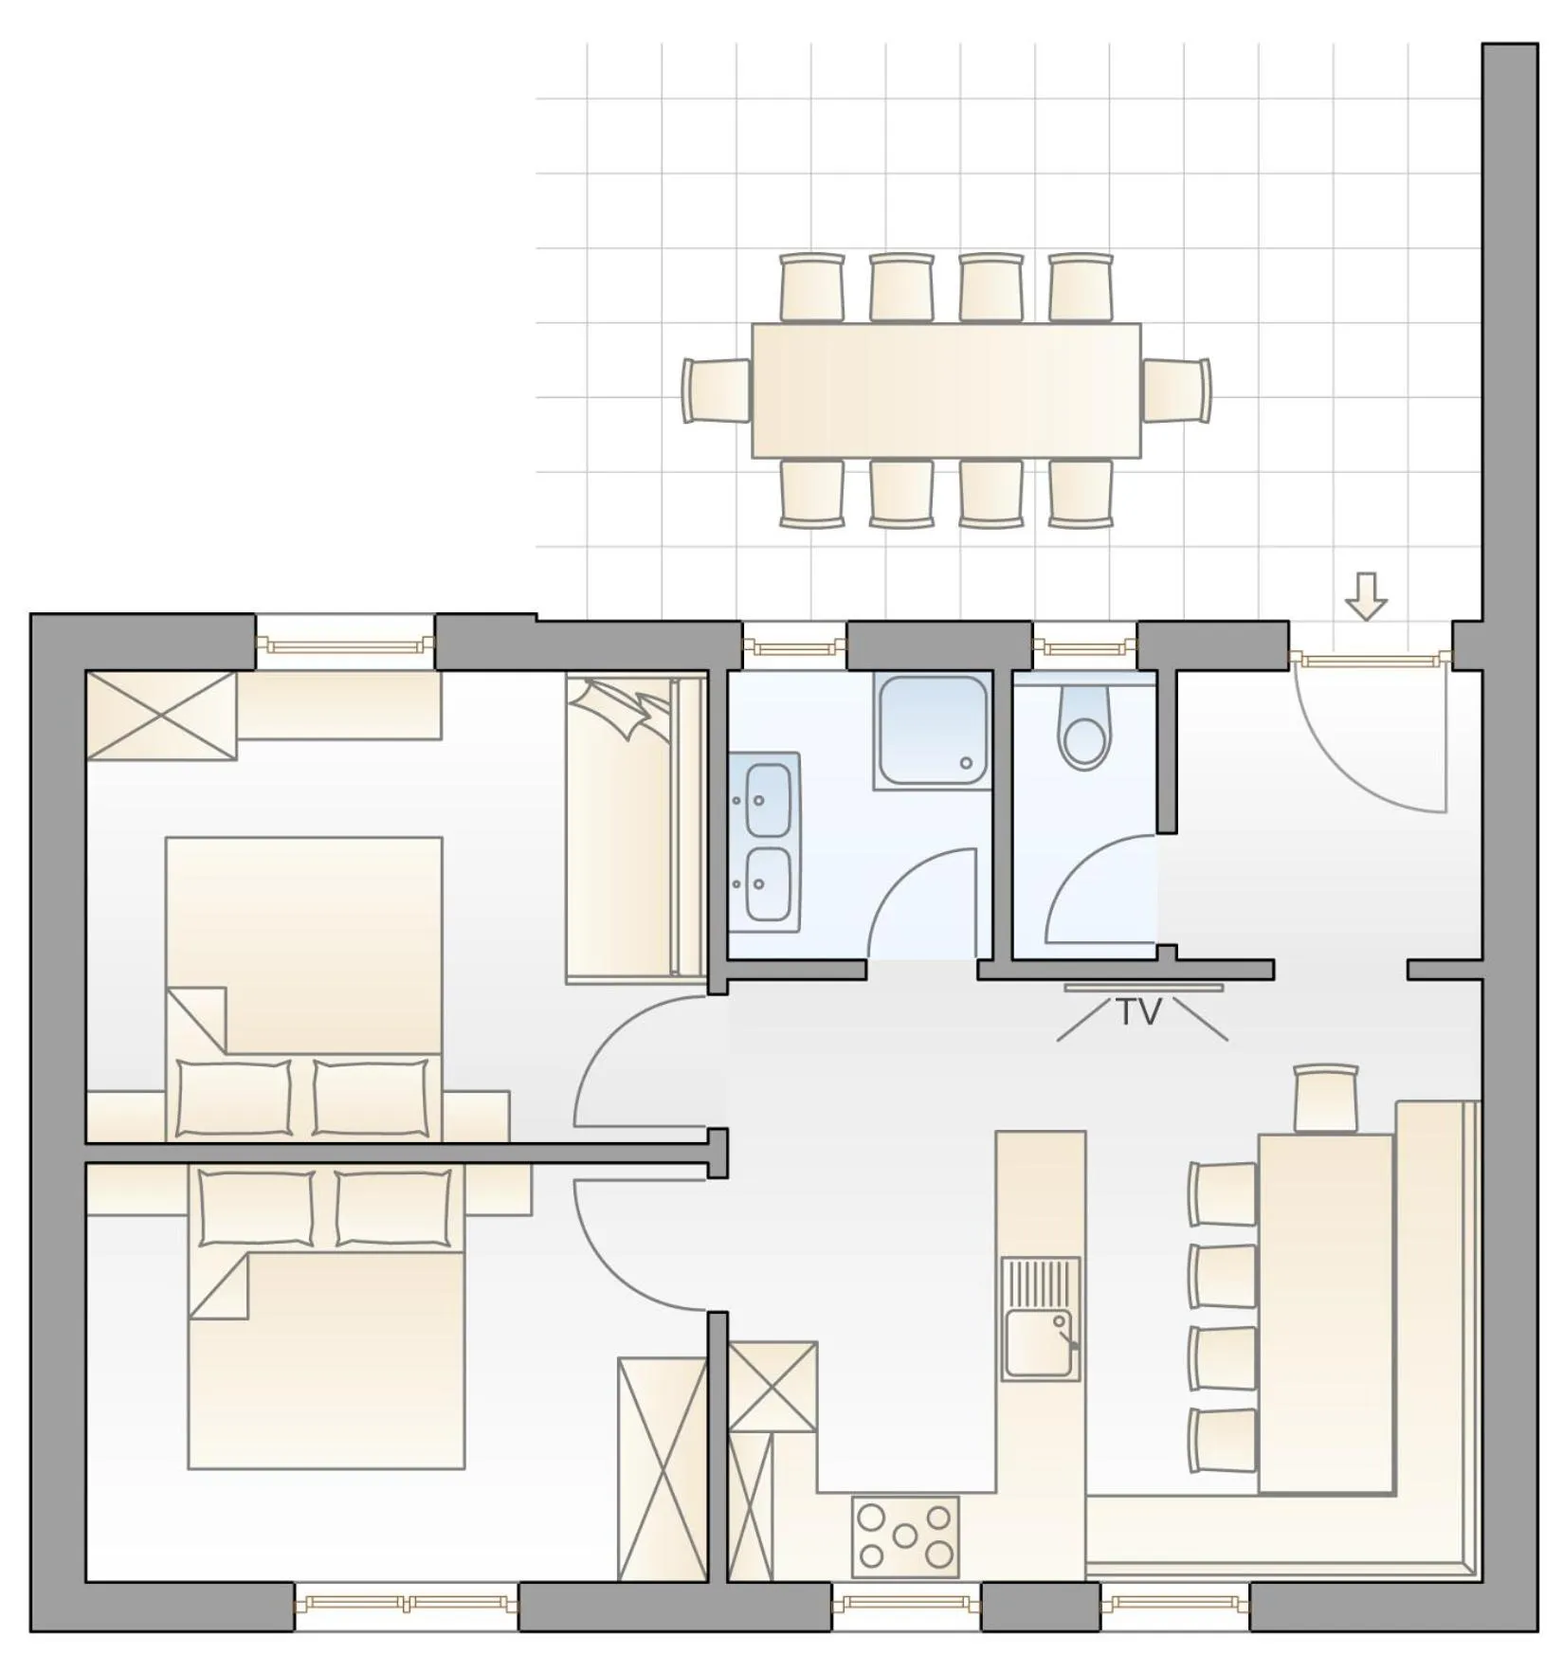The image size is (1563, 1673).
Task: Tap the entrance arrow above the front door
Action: click(1366, 595)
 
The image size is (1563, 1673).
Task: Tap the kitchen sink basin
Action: click(1039, 1342)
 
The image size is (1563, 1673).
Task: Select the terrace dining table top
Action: click(946, 391)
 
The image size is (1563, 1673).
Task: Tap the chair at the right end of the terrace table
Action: click(1176, 391)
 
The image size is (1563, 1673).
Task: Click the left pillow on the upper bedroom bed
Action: click(234, 1097)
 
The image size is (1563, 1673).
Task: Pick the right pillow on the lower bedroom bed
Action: click(393, 1208)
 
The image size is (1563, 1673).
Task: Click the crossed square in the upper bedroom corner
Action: click(161, 716)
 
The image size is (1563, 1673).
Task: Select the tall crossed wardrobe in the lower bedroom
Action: click(662, 1468)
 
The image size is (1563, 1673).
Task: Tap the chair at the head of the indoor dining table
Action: click(1326, 1098)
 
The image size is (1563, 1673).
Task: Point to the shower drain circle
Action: click(966, 763)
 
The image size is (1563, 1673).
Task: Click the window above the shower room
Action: click(793, 647)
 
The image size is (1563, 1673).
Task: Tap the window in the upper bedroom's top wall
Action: click(345, 645)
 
